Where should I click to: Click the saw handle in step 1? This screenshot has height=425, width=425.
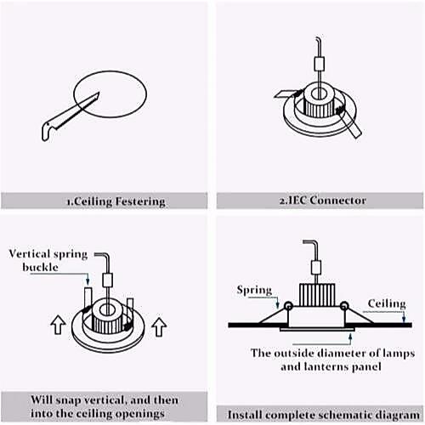pyautogui.click(x=48, y=131)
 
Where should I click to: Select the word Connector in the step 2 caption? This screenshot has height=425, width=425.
pyautogui.click(x=337, y=201)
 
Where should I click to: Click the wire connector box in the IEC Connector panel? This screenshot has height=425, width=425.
pyautogui.click(x=320, y=64)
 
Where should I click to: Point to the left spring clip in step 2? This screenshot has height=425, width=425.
pyautogui.click(x=286, y=93)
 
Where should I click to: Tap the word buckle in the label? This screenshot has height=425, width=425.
pyautogui.click(x=40, y=267)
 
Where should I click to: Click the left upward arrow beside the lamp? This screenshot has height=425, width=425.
pyautogui.click(x=58, y=326)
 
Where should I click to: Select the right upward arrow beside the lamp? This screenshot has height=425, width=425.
pyautogui.click(x=159, y=327)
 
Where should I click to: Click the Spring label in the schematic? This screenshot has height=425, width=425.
pyautogui.click(x=254, y=291)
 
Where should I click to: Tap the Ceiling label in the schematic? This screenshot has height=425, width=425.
pyautogui.click(x=387, y=303)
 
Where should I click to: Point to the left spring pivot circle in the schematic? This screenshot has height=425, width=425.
pyautogui.click(x=288, y=306)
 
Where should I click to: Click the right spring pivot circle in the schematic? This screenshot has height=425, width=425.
pyautogui.click(x=344, y=306)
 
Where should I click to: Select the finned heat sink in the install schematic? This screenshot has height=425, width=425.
pyautogui.click(x=317, y=295)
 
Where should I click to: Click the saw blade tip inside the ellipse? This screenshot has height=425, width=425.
pyautogui.click(x=99, y=93)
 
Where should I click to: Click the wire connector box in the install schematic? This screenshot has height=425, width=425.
pyautogui.click(x=315, y=268)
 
